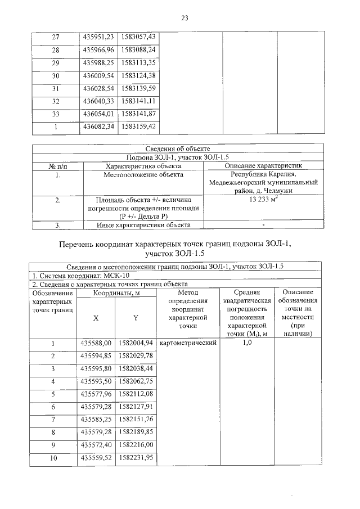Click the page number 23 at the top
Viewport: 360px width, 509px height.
click(184, 19)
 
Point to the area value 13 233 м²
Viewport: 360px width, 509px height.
click(263, 199)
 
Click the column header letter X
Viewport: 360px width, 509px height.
click(96, 318)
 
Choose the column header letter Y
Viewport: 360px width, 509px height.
click(136, 318)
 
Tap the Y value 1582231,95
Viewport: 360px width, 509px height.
click(136, 458)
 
